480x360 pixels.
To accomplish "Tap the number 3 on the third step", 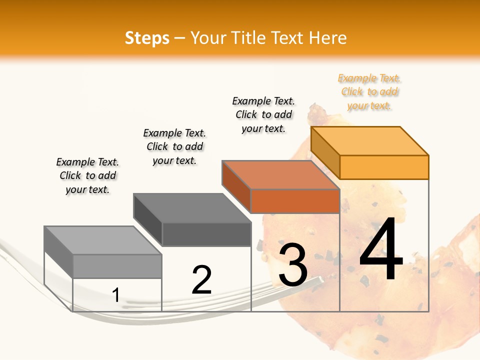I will click(x=292, y=264).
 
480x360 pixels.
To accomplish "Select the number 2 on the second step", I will click(x=201, y=279).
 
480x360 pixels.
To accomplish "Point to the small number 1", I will click(x=115, y=295).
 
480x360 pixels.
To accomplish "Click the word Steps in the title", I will click(x=147, y=38).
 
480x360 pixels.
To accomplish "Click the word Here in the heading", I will click(x=328, y=38).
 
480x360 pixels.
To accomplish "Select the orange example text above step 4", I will click(x=369, y=92).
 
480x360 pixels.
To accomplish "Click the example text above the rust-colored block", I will click(x=263, y=114).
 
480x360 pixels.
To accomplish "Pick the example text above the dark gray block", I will click(x=174, y=146).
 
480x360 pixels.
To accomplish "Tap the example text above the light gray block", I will click(x=87, y=175).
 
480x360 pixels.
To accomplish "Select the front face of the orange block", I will click(x=384, y=167).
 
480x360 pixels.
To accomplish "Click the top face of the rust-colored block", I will click(x=281, y=175).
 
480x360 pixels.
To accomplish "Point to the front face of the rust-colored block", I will click(x=295, y=201).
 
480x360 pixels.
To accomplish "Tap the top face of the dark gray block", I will click(x=192, y=208).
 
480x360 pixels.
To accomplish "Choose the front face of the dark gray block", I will click(x=206, y=234).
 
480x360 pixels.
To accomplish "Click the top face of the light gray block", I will click(x=103, y=240).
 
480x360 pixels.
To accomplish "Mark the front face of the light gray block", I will click(x=117, y=266).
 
